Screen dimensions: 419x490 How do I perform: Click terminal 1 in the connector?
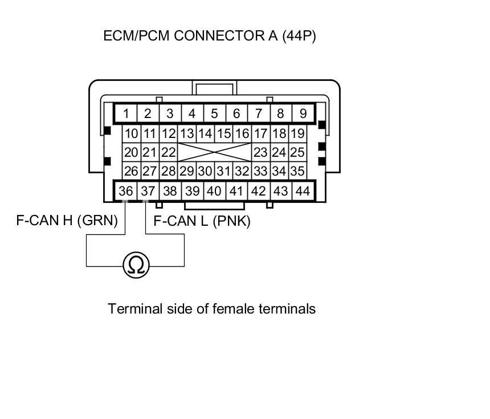126,113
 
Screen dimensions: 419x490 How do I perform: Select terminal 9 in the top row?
303,113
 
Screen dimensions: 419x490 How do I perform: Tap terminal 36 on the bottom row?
126,191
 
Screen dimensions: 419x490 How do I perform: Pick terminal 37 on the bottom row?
148,191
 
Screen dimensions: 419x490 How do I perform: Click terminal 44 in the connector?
303,191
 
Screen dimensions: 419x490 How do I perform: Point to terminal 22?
168,152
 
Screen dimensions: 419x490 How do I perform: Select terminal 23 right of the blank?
260,152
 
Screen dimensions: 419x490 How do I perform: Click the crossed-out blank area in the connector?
214,152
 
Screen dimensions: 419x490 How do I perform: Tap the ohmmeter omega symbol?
136,265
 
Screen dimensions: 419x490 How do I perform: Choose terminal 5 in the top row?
214,113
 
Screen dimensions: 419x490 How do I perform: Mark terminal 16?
242,134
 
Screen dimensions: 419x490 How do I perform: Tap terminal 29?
186,171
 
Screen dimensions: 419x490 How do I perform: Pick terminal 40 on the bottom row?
214,191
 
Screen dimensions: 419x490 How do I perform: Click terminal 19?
297,134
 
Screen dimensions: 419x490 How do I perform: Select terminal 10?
132,134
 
